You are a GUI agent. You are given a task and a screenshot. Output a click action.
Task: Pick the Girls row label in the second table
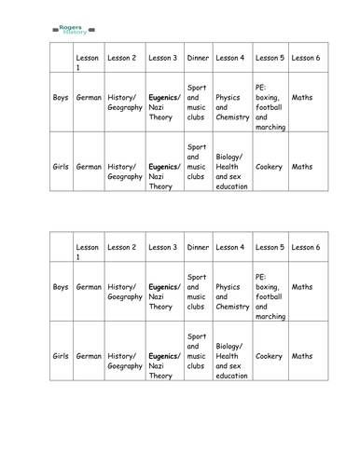coord(61,356)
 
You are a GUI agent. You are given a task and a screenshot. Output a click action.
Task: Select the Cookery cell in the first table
coord(269,167)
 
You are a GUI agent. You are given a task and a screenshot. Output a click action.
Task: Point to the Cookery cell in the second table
coord(269,356)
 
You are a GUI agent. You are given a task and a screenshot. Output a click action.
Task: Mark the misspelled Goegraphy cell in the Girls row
coord(125,362)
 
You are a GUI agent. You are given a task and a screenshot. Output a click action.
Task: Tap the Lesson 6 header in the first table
coord(305,58)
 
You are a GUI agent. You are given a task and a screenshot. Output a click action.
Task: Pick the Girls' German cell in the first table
coord(89,167)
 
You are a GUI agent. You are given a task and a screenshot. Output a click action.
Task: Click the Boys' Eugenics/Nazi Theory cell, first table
coord(162,107)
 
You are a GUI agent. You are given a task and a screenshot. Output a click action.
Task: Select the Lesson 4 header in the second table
coord(229,246)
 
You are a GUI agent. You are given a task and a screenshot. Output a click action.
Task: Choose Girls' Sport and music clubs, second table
coord(197,350)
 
